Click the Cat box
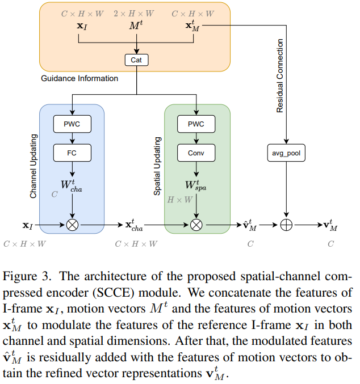pos(136,59)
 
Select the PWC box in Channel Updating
pos(72,124)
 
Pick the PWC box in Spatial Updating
pos(195,124)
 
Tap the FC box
pos(72,153)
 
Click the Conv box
pos(195,153)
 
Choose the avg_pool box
pos(286,153)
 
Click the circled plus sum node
pos(286,225)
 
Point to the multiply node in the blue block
pos(72,225)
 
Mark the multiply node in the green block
pos(196,225)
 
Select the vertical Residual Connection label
pos(279,75)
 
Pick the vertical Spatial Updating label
pos(157,166)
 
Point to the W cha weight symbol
pos(73,185)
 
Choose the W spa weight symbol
pos(196,185)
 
